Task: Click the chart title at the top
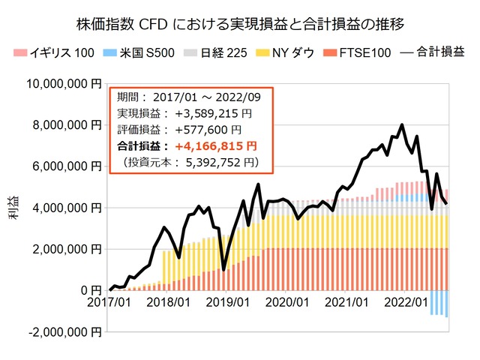[240, 24]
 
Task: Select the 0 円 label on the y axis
[90, 290]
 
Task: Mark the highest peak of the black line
[403, 124]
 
